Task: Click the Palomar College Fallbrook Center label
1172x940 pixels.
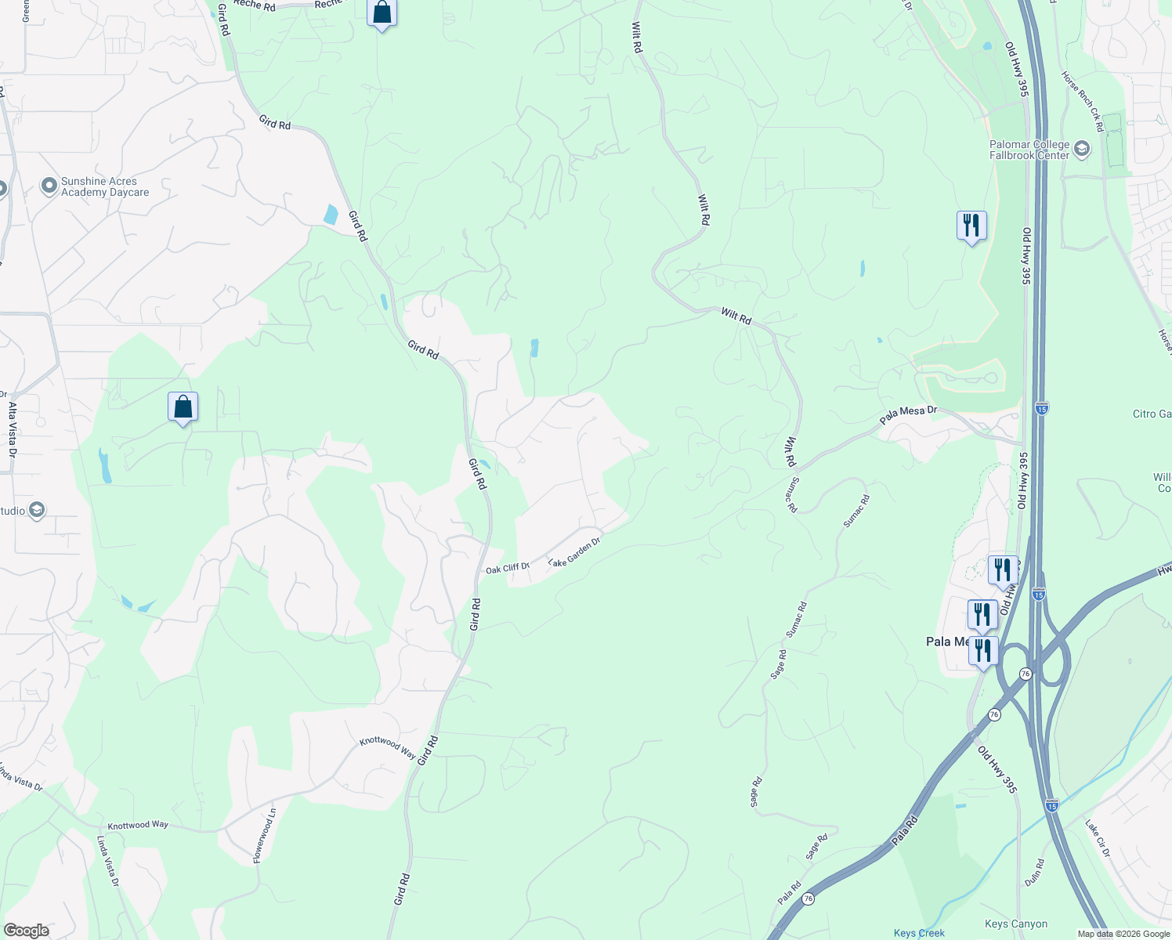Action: pyautogui.click(x=1029, y=150)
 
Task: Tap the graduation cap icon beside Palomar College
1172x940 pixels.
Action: pyautogui.click(x=1082, y=149)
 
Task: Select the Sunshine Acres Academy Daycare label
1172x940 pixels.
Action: pyautogui.click(x=104, y=186)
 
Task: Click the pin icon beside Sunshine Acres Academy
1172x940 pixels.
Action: pyautogui.click(x=49, y=186)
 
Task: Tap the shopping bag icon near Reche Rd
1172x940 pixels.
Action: pyautogui.click(x=382, y=13)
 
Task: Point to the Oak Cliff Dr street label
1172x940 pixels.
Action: pyautogui.click(x=507, y=568)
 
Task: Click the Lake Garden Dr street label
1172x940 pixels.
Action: pyautogui.click(x=574, y=551)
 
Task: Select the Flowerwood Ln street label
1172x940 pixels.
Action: pyautogui.click(x=265, y=836)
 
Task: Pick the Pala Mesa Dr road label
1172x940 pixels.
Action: pyautogui.click(x=908, y=414)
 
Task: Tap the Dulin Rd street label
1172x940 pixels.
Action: pyautogui.click(x=1034, y=872)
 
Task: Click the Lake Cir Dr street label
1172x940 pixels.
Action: pyautogui.click(x=1097, y=837)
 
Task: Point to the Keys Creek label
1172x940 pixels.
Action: pyautogui.click(x=919, y=933)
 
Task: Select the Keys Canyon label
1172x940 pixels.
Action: pyautogui.click(x=1016, y=924)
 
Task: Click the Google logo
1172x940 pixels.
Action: pyautogui.click(x=26, y=931)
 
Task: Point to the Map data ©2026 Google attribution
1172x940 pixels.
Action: pyautogui.click(x=1122, y=934)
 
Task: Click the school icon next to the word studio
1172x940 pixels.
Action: pyautogui.click(x=37, y=511)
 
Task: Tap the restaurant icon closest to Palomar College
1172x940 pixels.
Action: pyautogui.click(x=971, y=226)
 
